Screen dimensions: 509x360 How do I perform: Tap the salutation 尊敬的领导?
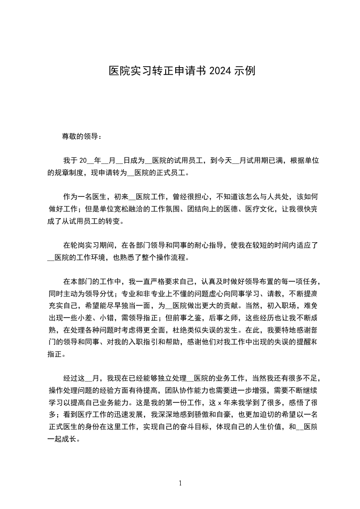79,136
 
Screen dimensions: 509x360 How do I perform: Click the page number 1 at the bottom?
180,483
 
